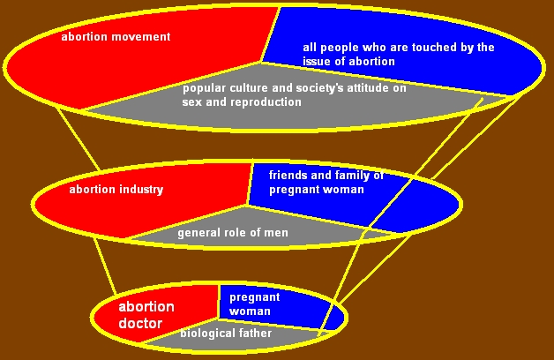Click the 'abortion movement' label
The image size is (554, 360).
click(x=116, y=37)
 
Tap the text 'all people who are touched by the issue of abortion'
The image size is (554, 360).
click(x=399, y=54)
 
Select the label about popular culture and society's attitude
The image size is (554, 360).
click(x=295, y=94)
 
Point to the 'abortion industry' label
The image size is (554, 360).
click(x=116, y=190)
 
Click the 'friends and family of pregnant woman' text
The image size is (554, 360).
click(x=326, y=183)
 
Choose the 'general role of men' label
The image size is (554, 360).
click(x=233, y=233)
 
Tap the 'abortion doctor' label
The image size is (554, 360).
click(x=146, y=315)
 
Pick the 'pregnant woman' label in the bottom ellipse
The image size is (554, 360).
click(x=255, y=304)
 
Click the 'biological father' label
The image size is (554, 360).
click(x=226, y=334)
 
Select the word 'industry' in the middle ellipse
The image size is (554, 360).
click(x=141, y=190)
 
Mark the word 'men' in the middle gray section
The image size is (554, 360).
click(x=277, y=233)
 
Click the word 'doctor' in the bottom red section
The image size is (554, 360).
click(x=140, y=323)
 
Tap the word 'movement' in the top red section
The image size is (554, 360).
click(x=146, y=37)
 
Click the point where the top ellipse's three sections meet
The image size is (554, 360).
click(x=261, y=63)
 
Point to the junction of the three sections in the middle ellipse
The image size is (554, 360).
click(x=248, y=206)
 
